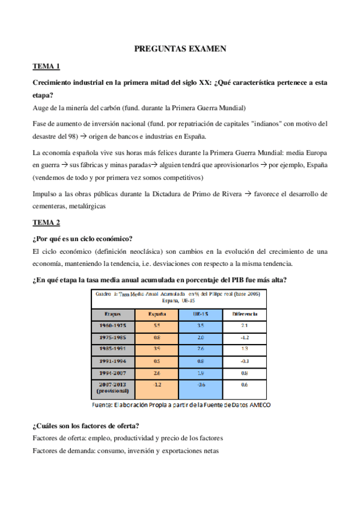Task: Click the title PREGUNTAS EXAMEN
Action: [180, 49]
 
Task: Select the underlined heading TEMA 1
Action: [46, 67]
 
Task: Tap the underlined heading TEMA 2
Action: [46, 222]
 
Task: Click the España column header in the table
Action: [157, 314]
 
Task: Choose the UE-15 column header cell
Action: [201, 314]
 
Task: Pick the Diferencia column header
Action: [244, 314]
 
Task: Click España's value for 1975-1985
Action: [157, 337]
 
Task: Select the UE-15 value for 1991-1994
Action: [201, 361]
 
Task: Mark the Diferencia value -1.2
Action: [244, 337]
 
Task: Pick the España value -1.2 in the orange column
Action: [157, 384]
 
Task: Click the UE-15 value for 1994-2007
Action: [201, 372]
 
